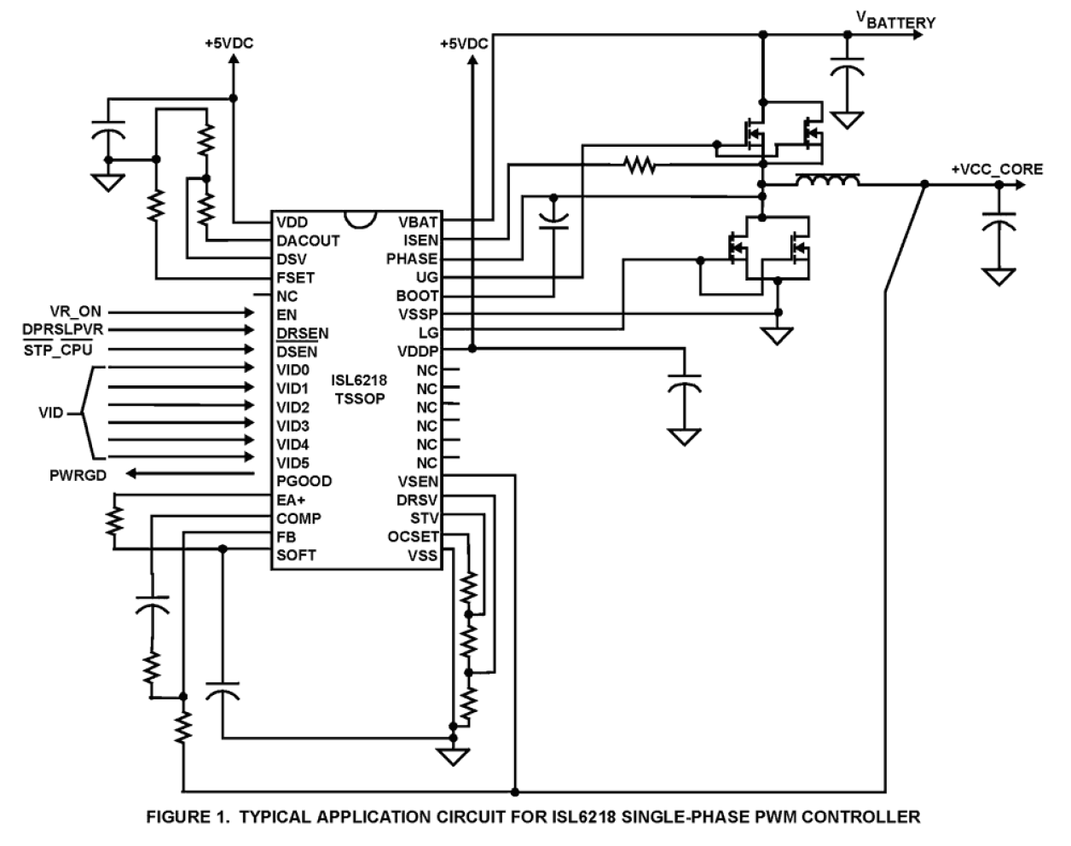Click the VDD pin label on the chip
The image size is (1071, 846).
[x=292, y=222]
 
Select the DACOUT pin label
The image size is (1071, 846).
[x=308, y=240]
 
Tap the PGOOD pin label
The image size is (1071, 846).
[x=304, y=481]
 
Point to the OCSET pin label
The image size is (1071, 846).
[x=413, y=536]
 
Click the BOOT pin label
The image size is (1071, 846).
[x=417, y=296]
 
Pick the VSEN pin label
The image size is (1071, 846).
[x=417, y=481]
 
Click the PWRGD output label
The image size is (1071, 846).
[x=78, y=475]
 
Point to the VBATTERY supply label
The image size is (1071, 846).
[x=895, y=21]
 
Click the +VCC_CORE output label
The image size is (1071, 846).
[x=997, y=169]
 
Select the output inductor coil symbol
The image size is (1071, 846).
[x=826, y=181]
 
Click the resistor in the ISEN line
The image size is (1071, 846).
[x=639, y=165]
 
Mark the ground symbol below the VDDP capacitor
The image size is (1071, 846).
[x=682, y=436]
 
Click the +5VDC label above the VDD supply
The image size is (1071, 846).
[x=229, y=43]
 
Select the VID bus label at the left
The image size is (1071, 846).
[x=51, y=413]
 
